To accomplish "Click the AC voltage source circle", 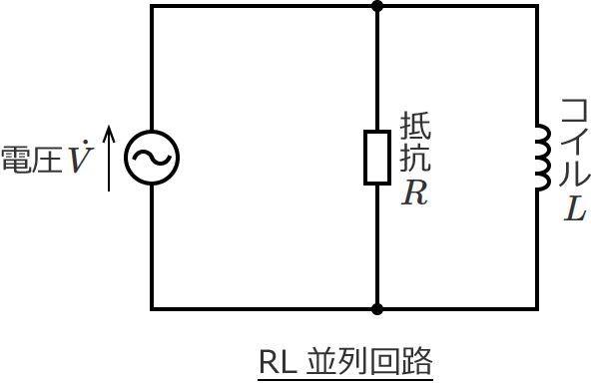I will point(152,158).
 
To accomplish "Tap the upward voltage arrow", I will point(109,158).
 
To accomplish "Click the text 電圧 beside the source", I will point(32,160).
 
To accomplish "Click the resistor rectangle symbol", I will point(377,158).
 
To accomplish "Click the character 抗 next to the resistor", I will point(415,159).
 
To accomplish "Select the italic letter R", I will point(414,193).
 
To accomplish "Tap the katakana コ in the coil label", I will point(574,110).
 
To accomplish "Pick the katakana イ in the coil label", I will point(574,142).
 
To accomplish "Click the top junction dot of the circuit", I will point(377,6).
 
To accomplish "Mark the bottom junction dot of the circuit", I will point(377,309).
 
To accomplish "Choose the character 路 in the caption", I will point(417,362).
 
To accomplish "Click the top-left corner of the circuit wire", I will point(152,6).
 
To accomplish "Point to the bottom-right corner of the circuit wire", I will point(537,309).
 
